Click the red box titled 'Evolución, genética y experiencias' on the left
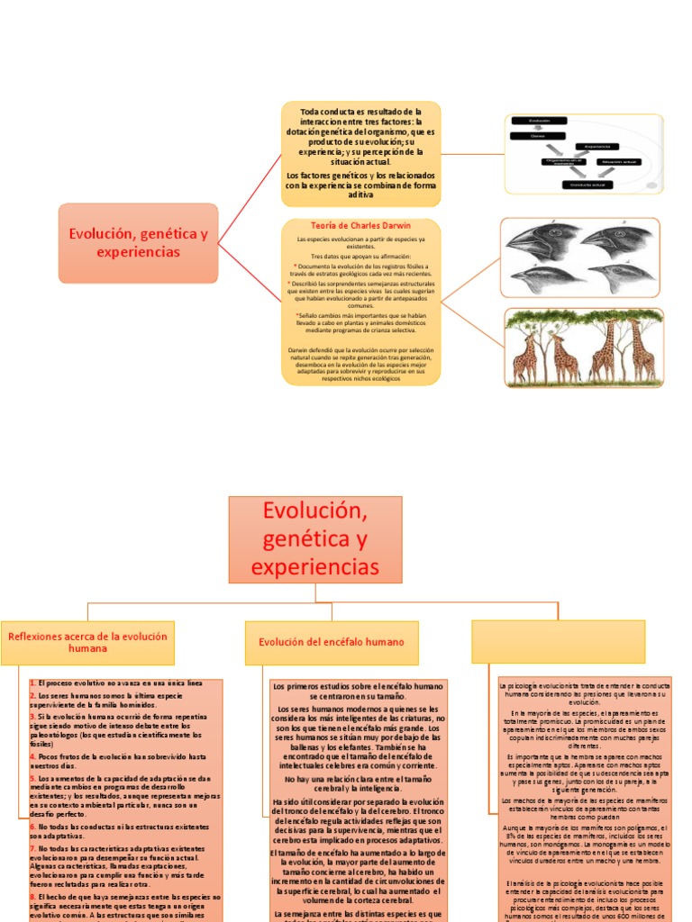[138, 242]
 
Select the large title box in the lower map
[315, 538]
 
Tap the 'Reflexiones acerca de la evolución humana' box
[87, 642]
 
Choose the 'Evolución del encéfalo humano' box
[332, 642]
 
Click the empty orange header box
[559, 642]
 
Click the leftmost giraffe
[526, 357]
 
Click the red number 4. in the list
[32, 757]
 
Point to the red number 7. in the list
[32, 848]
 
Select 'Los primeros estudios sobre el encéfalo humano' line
[358, 686]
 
